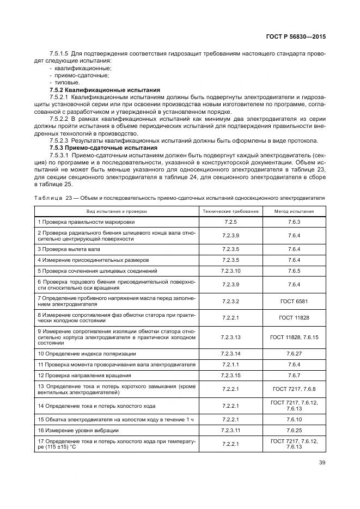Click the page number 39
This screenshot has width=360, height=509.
click(321, 464)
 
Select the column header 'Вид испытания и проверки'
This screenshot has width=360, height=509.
click(115, 211)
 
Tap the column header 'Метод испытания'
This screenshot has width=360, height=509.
click(294, 211)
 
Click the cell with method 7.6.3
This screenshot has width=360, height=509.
click(294, 222)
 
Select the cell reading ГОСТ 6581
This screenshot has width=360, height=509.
click(294, 301)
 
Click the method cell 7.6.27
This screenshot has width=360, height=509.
click(294, 354)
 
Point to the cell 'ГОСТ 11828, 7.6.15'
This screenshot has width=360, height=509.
click(294, 338)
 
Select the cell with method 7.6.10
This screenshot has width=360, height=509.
click(294, 419)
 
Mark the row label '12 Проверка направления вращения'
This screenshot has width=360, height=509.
click(84, 376)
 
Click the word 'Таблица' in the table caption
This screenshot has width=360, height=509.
click(49, 198)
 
